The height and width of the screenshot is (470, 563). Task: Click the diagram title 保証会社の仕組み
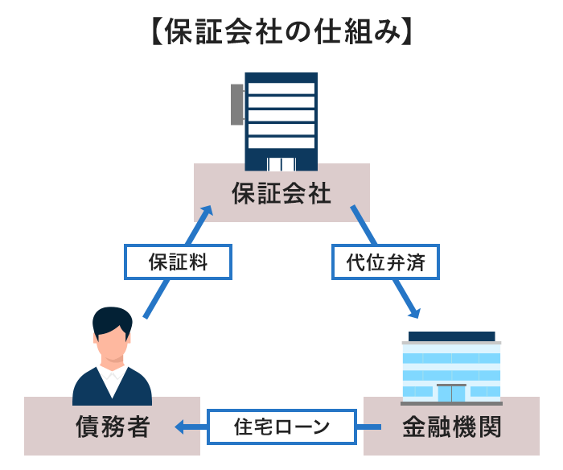[x=281, y=31]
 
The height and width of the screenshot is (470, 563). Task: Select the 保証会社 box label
[x=281, y=193]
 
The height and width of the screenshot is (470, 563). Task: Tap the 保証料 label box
[x=178, y=262]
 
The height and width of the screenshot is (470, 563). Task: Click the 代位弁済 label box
[x=385, y=262]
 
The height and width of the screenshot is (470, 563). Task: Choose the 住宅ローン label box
[x=281, y=427]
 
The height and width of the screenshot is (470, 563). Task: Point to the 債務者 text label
[x=113, y=427]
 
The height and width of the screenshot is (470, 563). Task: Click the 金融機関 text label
[x=451, y=427]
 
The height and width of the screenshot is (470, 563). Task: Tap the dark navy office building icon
[x=281, y=121]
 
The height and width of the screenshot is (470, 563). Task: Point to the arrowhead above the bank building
[x=414, y=312]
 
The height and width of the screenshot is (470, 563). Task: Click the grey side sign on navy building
[x=237, y=105]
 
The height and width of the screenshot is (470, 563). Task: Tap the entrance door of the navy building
[x=281, y=164]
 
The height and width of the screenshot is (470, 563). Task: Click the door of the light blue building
[x=451, y=393]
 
